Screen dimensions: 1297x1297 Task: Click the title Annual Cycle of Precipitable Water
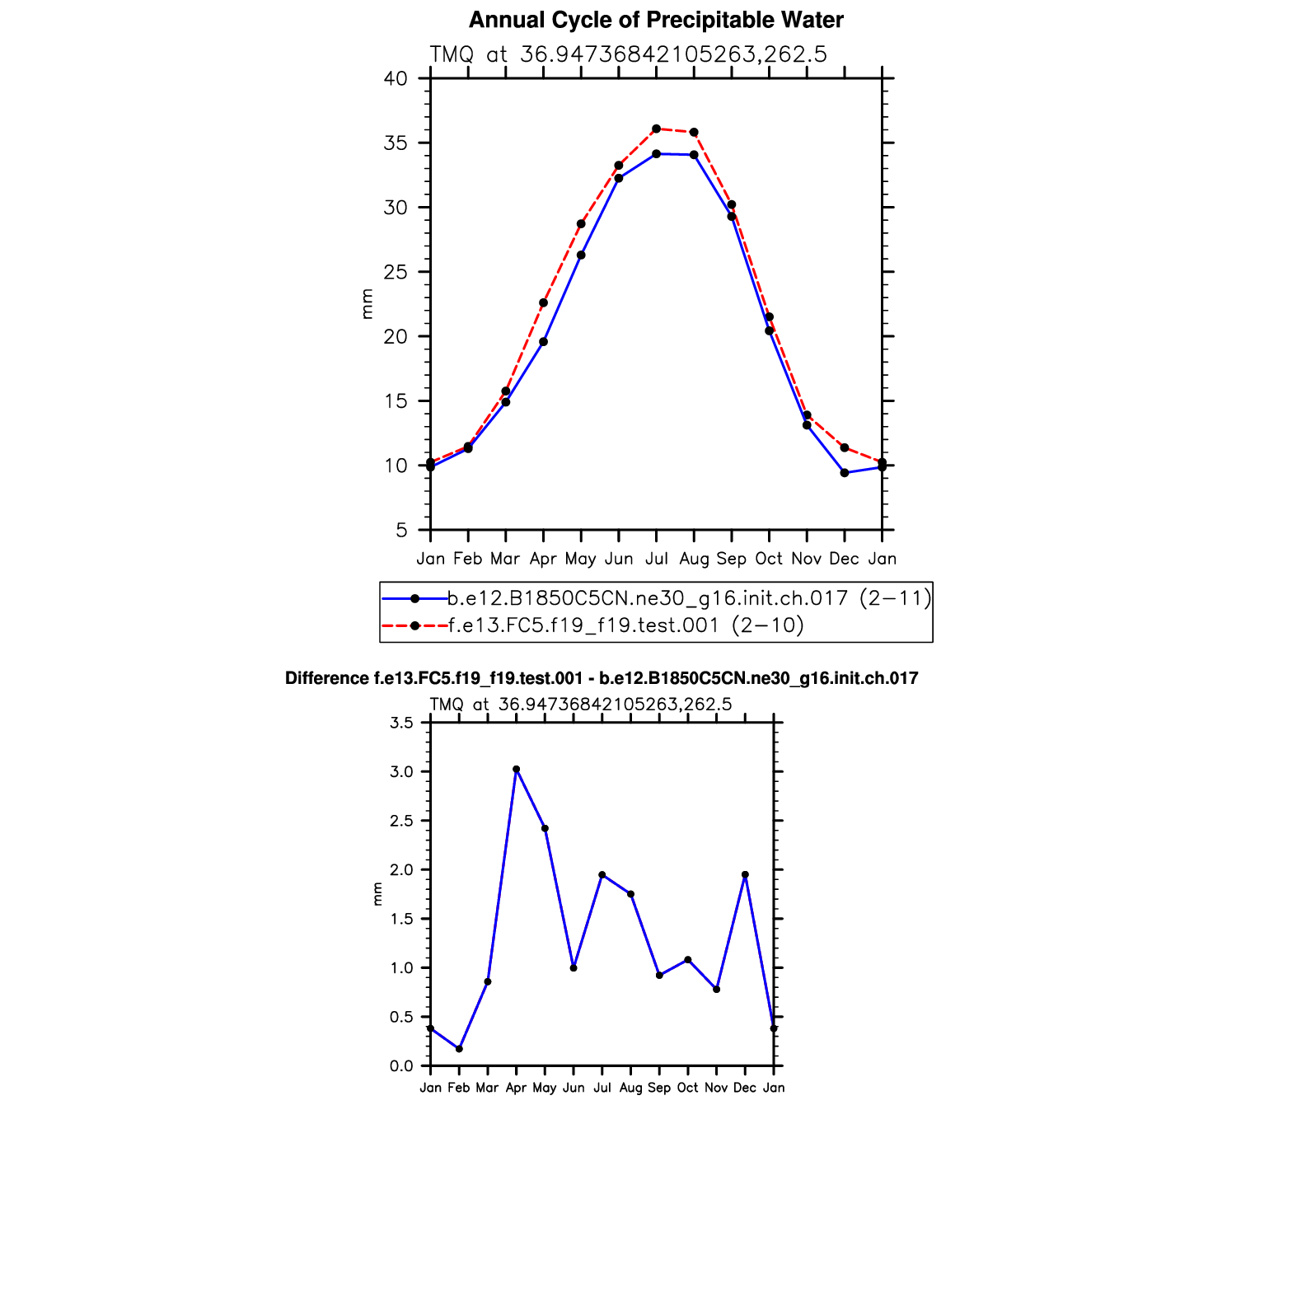coord(656,21)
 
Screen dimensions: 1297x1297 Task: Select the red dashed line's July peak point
coord(656,129)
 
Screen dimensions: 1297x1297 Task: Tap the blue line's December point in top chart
coord(845,473)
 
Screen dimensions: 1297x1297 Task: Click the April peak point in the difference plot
coord(517,770)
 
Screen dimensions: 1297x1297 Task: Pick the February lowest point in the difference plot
coord(459,1049)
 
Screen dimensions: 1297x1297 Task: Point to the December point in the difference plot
coord(745,875)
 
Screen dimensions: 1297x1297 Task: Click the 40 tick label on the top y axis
coord(396,79)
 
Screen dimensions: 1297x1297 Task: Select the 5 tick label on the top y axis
coord(401,531)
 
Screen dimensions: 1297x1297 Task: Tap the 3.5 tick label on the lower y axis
coord(401,723)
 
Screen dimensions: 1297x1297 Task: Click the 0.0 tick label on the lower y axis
coord(401,1066)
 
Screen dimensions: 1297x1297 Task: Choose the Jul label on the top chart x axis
coord(656,560)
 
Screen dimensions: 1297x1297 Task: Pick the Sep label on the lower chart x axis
coord(659,1089)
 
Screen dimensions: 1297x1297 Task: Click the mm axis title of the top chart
coord(368,304)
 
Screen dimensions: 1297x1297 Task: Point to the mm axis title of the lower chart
coord(377,894)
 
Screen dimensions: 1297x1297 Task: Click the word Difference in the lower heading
coord(326,679)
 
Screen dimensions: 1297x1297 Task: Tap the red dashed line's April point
coord(543,303)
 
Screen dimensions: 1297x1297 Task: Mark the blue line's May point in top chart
coord(581,255)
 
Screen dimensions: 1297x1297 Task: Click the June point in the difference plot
coord(574,968)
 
